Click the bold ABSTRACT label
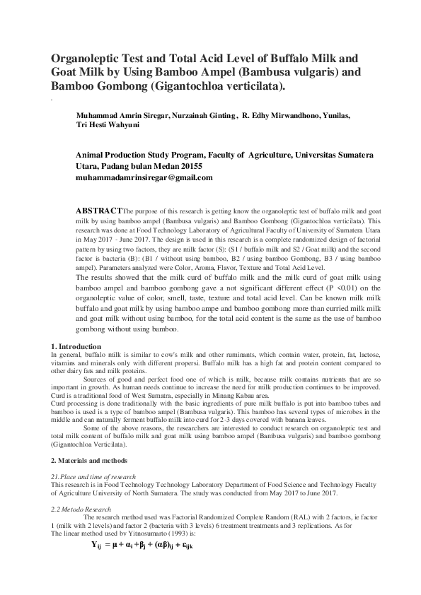(98, 211)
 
